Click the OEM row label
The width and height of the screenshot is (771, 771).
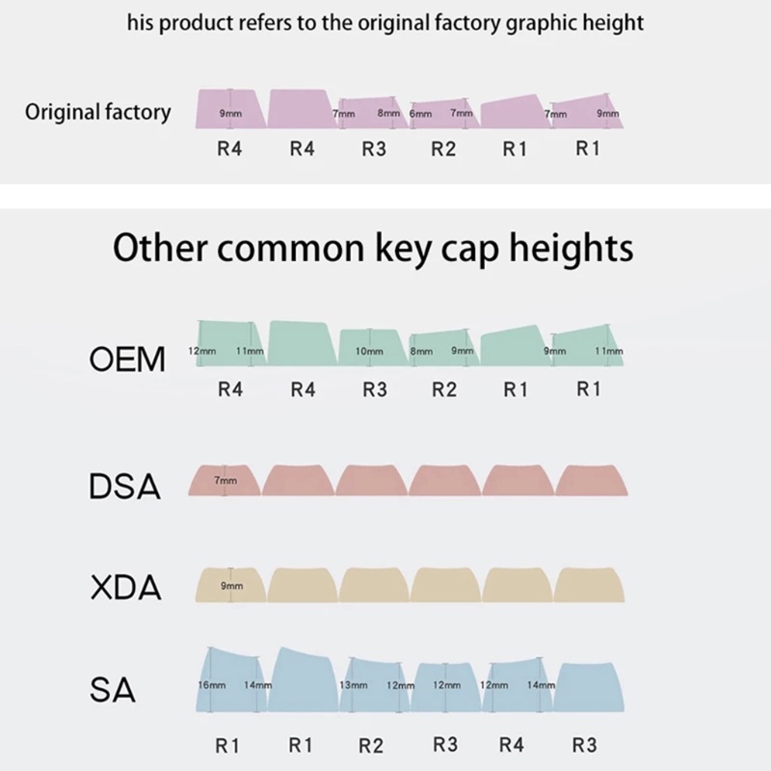tap(128, 360)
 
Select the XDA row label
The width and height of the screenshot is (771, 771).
tap(125, 588)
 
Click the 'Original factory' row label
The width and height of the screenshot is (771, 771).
tap(97, 112)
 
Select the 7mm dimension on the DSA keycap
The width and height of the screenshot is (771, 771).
tap(226, 479)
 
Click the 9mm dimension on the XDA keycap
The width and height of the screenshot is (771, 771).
tap(231, 585)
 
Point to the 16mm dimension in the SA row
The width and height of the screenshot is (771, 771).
tap(211, 684)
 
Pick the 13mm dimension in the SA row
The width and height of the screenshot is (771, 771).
tap(354, 684)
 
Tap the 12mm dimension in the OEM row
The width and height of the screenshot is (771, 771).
tap(201, 352)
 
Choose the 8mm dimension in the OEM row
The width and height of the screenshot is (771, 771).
tap(421, 352)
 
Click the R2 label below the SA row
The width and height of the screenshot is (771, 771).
tap(371, 745)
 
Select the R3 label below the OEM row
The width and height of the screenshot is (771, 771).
tap(374, 390)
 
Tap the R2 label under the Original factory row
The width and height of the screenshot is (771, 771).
tap(443, 149)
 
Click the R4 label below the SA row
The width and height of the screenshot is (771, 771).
tap(512, 745)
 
